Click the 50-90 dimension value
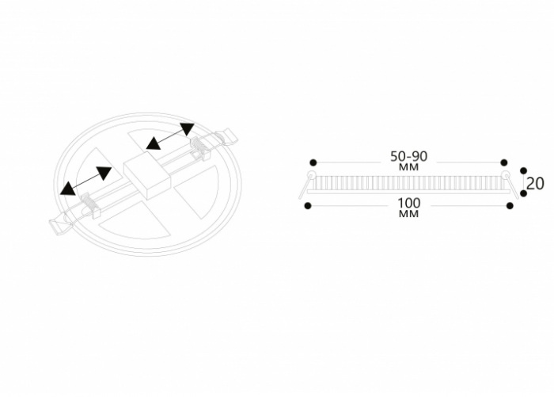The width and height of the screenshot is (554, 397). point(409,156)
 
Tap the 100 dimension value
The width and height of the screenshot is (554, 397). point(409,203)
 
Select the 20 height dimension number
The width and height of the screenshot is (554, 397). point(535,184)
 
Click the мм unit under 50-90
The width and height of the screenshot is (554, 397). point(409,166)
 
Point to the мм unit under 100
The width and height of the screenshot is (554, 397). point(409,214)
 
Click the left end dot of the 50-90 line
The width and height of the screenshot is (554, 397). point(313,162)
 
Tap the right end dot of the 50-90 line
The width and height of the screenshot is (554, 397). point(504,162)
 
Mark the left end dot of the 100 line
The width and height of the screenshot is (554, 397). point(308,205)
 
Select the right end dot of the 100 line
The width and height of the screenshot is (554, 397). point(510,205)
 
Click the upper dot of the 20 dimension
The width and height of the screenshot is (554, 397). point(524,171)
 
